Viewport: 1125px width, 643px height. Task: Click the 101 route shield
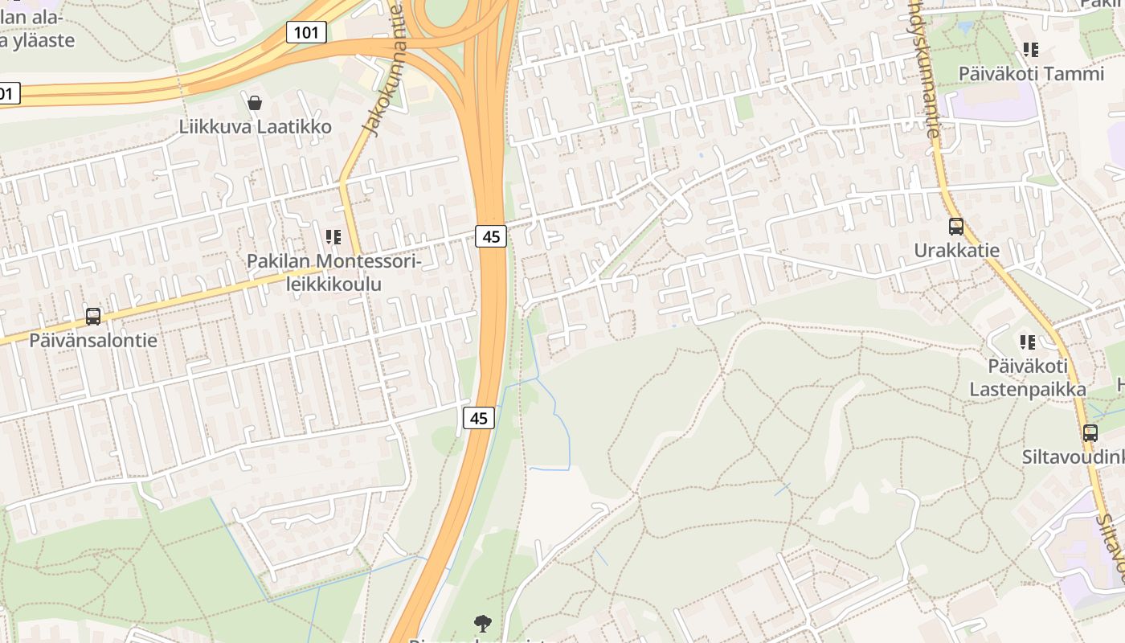tap(306, 32)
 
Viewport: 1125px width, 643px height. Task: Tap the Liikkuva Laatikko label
tap(255, 127)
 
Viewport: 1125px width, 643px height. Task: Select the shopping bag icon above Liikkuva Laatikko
tap(255, 103)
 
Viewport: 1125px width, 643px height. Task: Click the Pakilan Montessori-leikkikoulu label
tap(333, 272)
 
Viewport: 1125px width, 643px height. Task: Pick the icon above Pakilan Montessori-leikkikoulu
tap(333, 237)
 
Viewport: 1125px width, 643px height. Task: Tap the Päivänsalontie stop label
tap(93, 340)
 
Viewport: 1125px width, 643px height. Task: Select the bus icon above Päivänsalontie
tap(93, 317)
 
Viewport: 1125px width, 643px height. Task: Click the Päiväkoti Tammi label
tap(1032, 74)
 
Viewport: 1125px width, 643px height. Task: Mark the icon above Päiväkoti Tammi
tap(1031, 50)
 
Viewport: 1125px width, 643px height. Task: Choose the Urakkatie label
tap(956, 251)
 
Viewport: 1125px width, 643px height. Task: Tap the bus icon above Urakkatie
tap(955, 227)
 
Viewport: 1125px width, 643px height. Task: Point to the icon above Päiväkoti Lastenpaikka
tap(1027, 342)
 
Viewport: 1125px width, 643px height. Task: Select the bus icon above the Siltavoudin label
tap(1090, 433)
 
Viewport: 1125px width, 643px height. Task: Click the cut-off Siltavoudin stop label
tap(1074, 457)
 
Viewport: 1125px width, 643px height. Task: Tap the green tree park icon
tap(482, 622)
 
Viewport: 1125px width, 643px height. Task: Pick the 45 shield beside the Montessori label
tap(491, 236)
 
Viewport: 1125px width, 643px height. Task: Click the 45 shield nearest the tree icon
tap(478, 418)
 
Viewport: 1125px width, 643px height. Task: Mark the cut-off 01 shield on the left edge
tap(8, 93)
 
